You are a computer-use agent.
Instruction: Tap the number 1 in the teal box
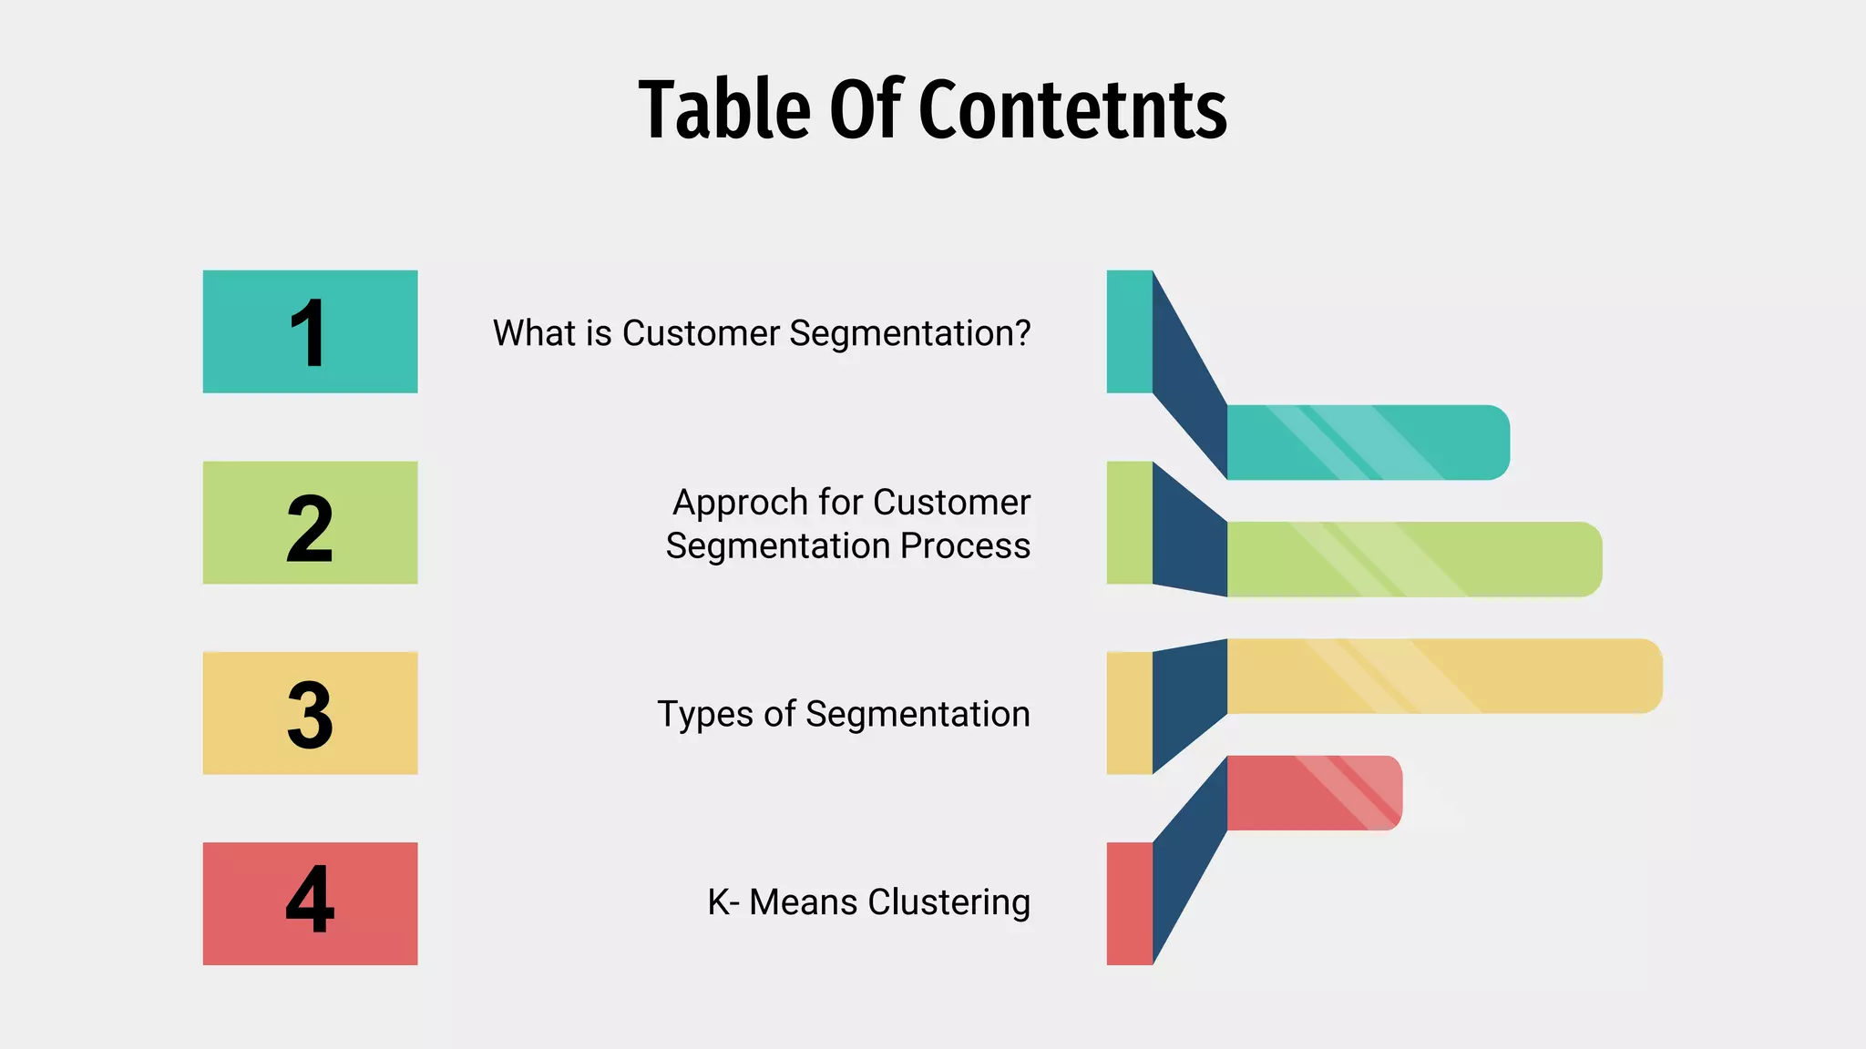click(x=309, y=333)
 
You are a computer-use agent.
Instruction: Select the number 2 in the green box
click(x=310, y=527)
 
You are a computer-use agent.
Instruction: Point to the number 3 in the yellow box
click(x=310, y=715)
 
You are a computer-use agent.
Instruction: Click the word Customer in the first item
click(x=701, y=333)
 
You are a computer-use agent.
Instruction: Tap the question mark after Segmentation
click(x=1021, y=332)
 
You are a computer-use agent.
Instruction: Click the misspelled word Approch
click(x=740, y=503)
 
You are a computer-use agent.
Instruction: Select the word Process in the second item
click(x=965, y=546)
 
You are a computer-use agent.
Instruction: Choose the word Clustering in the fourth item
click(x=948, y=902)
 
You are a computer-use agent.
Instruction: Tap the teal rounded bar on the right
click(x=1367, y=443)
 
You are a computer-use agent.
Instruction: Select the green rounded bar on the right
click(x=1412, y=559)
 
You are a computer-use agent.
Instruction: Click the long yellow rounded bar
click(x=1444, y=676)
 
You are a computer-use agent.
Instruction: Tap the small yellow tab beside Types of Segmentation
click(x=1129, y=713)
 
